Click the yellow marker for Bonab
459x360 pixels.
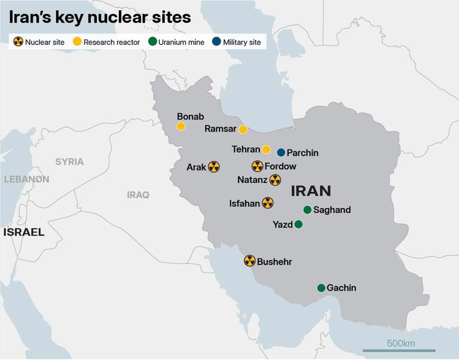(x=181, y=126)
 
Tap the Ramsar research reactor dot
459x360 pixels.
(x=243, y=130)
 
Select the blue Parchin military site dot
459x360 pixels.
(x=281, y=152)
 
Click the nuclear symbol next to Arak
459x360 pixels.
(x=214, y=167)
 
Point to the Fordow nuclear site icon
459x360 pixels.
(x=257, y=166)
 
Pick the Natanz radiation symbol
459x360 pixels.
(x=275, y=179)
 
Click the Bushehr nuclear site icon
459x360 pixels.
(x=250, y=261)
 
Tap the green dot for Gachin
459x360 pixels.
(x=321, y=288)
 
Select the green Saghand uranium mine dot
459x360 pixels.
(x=307, y=210)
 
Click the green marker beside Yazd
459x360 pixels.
(x=298, y=224)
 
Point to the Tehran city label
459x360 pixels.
(x=246, y=150)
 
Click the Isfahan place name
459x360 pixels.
(x=244, y=203)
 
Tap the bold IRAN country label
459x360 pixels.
(x=310, y=191)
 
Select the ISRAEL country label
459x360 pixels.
(x=24, y=232)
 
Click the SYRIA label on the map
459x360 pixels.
(x=69, y=161)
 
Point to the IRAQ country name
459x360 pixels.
(x=138, y=194)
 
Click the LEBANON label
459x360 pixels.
(x=26, y=179)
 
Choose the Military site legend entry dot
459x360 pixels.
(x=216, y=42)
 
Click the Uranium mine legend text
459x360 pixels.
(x=181, y=42)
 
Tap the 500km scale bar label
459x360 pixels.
(x=400, y=343)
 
